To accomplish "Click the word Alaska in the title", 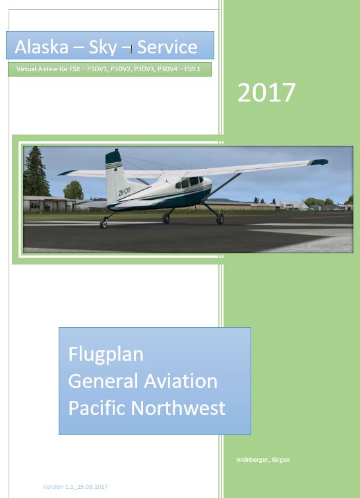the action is (x=42, y=47).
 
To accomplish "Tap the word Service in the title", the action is (x=167, y=47).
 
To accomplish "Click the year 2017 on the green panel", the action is (x=266, y=92).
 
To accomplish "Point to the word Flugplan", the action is (x=106, y=355).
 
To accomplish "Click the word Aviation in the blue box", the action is (x=181, y=381).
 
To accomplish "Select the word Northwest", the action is (x=178, y=408).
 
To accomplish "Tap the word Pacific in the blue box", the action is (x=98, y=408).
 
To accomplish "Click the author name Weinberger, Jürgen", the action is (x=263, y=460).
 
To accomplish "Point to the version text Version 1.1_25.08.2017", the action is (x=75, y=487).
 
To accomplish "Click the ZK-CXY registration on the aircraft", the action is (x=125, y=191).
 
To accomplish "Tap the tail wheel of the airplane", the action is (x=104, y=224).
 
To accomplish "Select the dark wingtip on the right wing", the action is (x=318, y=162).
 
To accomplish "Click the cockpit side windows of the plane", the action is (x=189, y=182).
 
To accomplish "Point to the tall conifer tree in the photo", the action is (x=36, y=171).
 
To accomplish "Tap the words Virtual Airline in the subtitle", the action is (x=35, y=69).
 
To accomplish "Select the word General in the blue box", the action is (x=104, y=381).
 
